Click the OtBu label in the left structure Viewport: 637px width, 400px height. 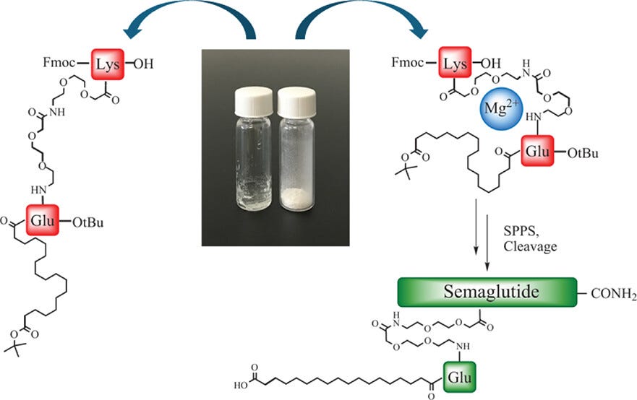(87, 222)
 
